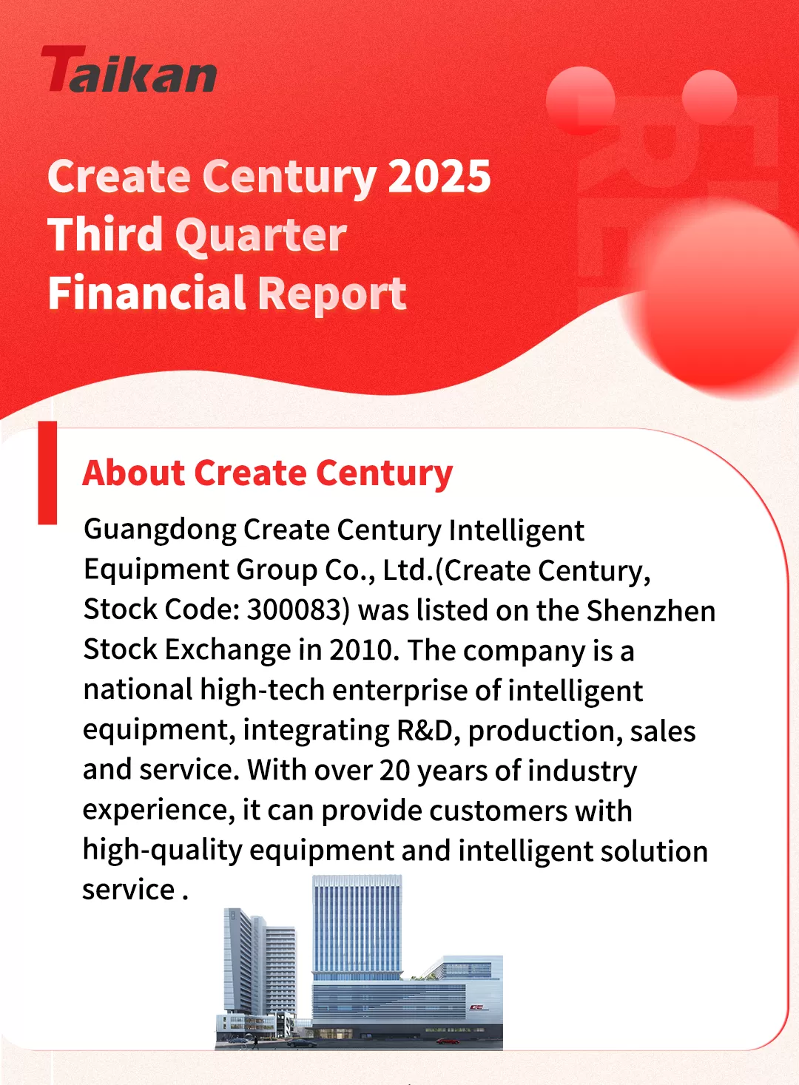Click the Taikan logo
click(x=129, y=69)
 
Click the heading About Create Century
click(x=268, y=474)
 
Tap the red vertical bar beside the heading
click(x=47, y=473)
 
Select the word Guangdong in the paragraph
click(x=160, y=531)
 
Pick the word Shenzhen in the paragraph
click(x=651, y=610)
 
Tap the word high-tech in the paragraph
click(x=262, y=691)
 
